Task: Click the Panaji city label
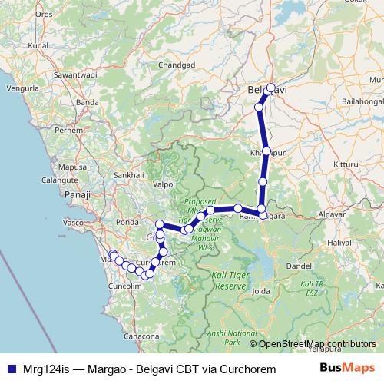pos(78,195)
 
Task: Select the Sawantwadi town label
pos(75,75)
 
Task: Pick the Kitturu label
pos(346,143)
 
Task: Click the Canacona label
pos(141,336)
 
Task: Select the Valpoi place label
pos(165,163)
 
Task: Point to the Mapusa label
pos(73,145)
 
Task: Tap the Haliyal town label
pos(339,242)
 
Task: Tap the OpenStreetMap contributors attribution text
pos(317,344)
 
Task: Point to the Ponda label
pos(127,223)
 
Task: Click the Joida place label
pos(261,292)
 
